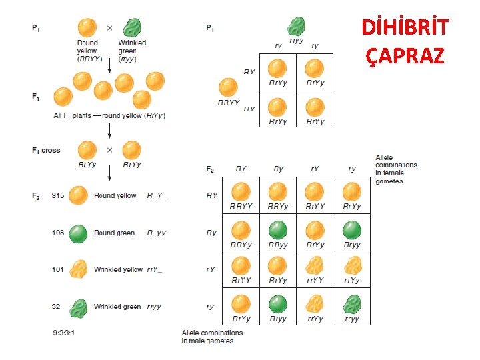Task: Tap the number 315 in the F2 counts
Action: [59, 195]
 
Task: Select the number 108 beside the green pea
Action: [59, 233]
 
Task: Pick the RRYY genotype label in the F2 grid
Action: [241, 206]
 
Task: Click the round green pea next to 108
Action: [79, 233]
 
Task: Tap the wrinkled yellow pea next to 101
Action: [79, 269]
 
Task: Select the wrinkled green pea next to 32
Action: [79, 307]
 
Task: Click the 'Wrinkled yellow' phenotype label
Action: [118, 269]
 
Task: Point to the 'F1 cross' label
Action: [46, 150]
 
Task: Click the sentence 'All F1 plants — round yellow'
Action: [109, 115]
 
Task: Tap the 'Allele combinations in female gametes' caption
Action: [396, 169]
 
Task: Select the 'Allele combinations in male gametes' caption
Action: [212, 337]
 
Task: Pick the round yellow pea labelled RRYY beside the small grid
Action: [228, 87]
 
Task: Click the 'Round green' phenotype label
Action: [114, 233]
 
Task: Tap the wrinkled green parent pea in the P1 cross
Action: [132, 28]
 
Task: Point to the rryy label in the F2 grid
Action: [351, 319]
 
